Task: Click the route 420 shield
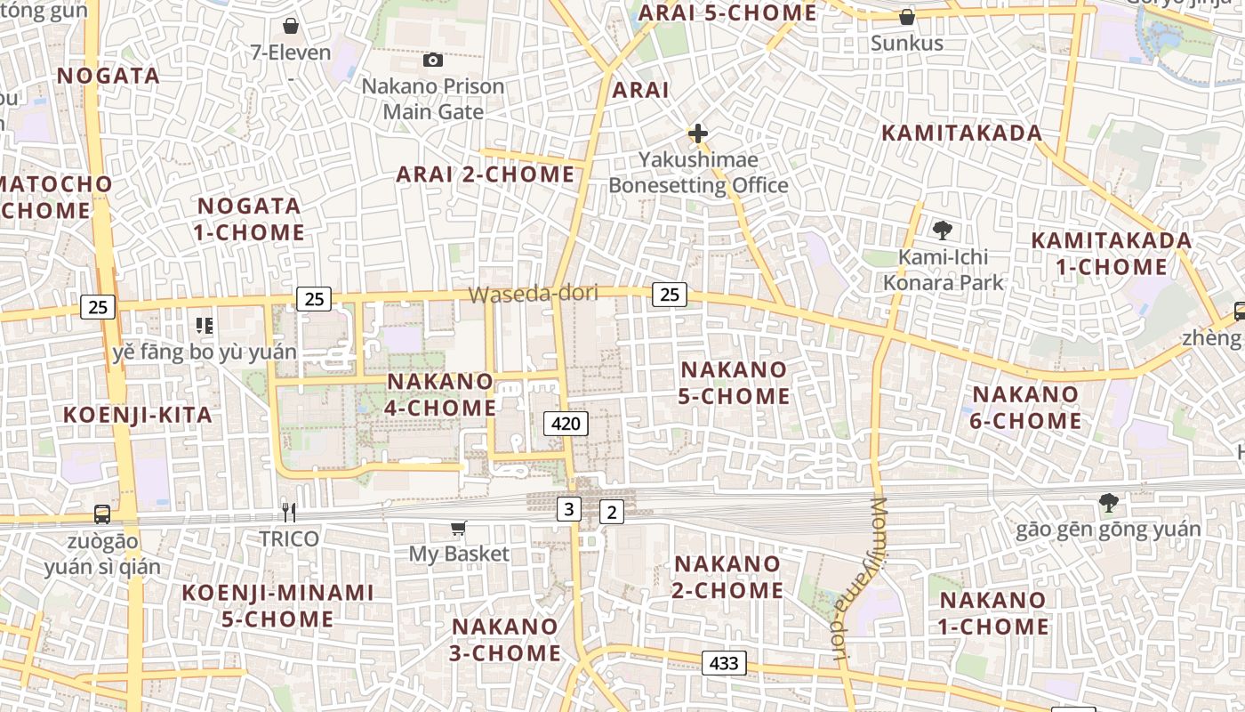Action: [566, 424]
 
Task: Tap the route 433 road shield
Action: [724, 663]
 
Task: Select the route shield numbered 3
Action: [568, 509]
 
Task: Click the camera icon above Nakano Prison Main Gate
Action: [433, 60]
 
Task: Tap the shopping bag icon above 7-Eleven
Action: [290, 26]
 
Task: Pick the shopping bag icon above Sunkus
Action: [906, 17]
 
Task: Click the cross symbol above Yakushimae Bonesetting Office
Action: [698, 134]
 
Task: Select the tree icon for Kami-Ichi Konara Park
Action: [943, 231]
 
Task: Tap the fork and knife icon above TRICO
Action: [288, 512]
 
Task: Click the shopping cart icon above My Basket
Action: [459, 529]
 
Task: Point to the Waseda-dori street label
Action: [533, 294]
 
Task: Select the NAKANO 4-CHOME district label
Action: [440, 394]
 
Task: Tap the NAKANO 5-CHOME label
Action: [734, 383]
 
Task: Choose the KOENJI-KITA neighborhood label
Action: [138, 415]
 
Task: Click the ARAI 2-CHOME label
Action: [486, 174]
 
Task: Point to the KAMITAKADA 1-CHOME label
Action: [1111, 254]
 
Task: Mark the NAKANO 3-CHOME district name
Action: [506, 639]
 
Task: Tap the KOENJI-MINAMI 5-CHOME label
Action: [277, 605]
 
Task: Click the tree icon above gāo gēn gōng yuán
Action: [1108, 503]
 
